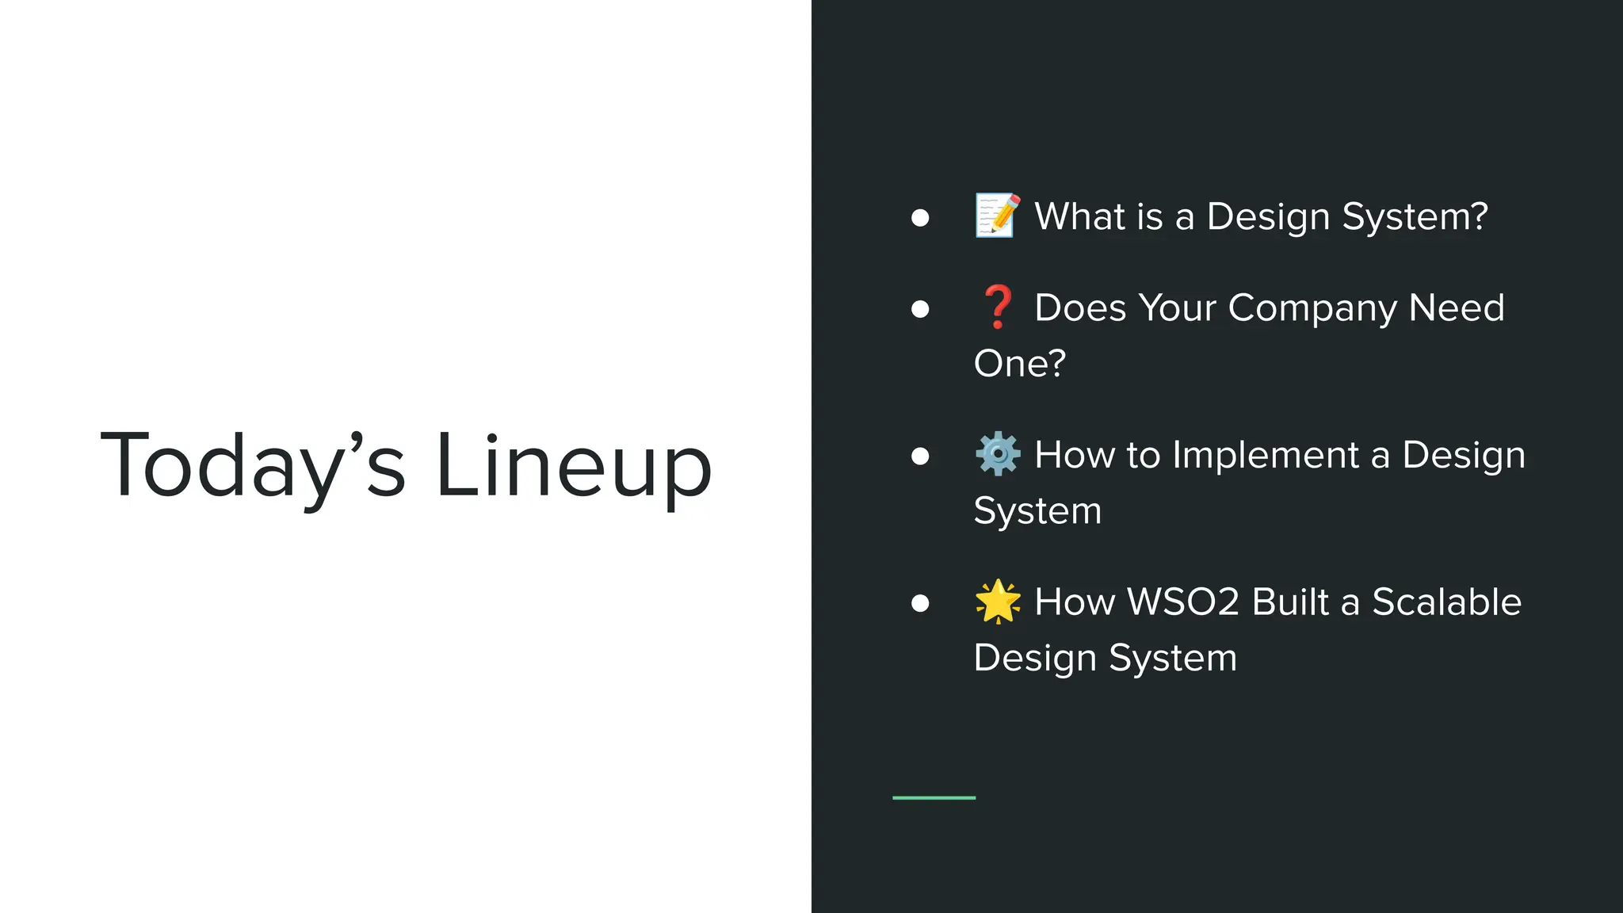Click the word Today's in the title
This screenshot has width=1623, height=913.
pyautogui.click(x=253, y=465)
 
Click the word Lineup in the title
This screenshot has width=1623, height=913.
pyautogui.click(x=574, y=465)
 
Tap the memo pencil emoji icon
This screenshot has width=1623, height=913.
pyautogui.click(x=998, y=216)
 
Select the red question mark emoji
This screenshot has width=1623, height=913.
pyautogui.click(x=998, y=307)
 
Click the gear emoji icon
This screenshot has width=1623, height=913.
pyautogui.click(x=998, y=454)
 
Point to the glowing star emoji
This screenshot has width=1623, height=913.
pyautogui.click(x=998, y=601)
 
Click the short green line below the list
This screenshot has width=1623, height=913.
pyautogui.click(x=934, y=797)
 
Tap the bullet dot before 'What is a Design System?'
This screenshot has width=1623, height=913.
pyautogui.click(x=920, y=218)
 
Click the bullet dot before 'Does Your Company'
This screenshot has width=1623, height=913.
pyautogui.click(x=920, y=308)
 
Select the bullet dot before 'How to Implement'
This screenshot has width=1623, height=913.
pyautogui.click(x=920, y=456)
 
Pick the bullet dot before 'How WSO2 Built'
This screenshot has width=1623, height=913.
pyautogui.click(x=920, y=603)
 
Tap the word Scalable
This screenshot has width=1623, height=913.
pyautogui.click(x=1446, y=602)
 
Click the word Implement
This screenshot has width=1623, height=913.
pyautogui.click(x=1265, y=455)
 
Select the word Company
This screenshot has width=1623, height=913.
pyautogui.click(x=1312, y=308)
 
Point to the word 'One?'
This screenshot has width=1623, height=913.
pyautogui.click(x=1019, y=364)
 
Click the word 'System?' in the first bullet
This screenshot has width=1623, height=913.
pyautogui.click(x=1415, y=216)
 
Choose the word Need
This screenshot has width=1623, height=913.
pyautogui.click(x=1457, y=308)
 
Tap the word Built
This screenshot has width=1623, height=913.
pyautogui.click(x=1290, y=602)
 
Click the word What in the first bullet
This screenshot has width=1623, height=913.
pyautogui.click(x=1079, y=216)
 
